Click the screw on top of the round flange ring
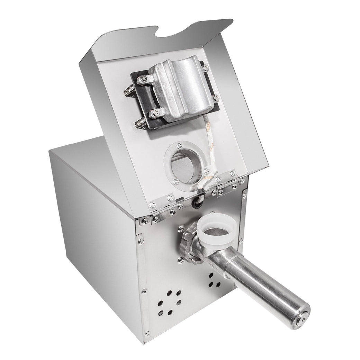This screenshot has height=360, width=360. [x=179, y=145]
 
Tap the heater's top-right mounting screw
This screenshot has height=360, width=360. [x=203, y=64]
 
